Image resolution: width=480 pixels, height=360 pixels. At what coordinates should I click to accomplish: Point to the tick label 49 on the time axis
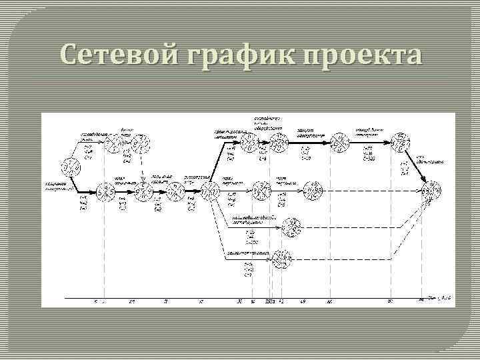click(303, 302)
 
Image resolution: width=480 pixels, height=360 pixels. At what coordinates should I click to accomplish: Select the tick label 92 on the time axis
click(391, 302)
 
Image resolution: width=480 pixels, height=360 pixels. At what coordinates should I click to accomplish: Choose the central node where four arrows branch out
click(209, 191)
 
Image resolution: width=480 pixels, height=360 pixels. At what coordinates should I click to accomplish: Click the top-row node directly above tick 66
click(339, 142)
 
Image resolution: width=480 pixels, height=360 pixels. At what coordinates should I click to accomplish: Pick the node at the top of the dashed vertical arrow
click(141, 142)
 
